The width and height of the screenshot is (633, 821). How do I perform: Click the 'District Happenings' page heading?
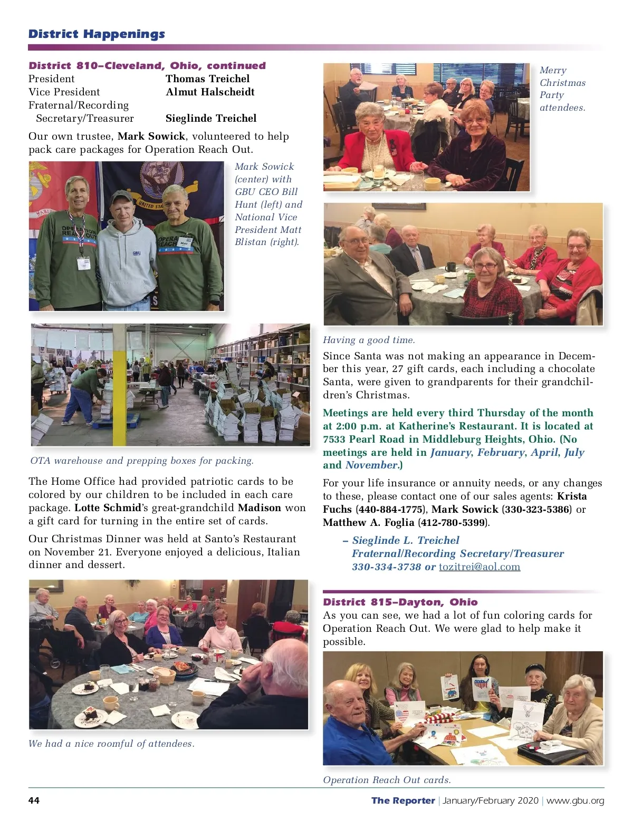97,34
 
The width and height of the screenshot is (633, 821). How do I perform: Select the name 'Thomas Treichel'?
207,79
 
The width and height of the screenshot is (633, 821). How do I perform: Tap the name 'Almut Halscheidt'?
210,92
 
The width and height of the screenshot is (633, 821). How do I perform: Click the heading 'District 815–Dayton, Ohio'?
400,602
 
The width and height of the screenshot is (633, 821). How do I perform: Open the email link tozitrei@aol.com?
479,567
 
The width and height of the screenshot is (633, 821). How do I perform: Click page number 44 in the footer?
34,800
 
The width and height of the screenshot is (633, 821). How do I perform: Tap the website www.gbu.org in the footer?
575,800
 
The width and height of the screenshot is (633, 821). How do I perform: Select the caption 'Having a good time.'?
369,340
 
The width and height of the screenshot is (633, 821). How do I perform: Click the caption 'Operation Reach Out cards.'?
387,780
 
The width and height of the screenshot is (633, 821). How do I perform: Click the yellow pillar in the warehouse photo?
120,385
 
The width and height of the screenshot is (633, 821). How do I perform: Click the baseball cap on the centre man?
122,197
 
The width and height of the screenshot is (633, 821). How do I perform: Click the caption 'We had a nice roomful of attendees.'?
111,744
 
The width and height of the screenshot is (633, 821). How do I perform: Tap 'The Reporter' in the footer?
403,800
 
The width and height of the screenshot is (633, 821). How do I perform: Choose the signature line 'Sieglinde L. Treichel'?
405,541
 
